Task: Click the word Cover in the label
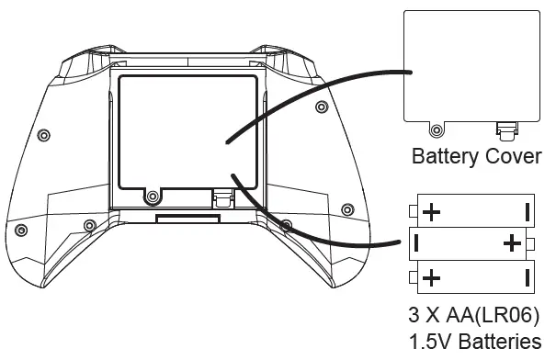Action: (x=513, y=156)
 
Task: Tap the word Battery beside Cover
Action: (x=445, y=157)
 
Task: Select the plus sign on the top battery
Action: (x=432, y=212)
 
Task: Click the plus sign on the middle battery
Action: (x=512, y=243)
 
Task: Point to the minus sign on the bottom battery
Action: (x=528, y=277)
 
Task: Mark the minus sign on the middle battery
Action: (x=416, y=243)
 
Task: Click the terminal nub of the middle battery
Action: (x=530, y=243)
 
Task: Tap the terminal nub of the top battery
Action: (x=414, y=211)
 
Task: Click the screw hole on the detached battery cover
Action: (x=437, y=130)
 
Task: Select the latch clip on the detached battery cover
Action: (x=506, y=129)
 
